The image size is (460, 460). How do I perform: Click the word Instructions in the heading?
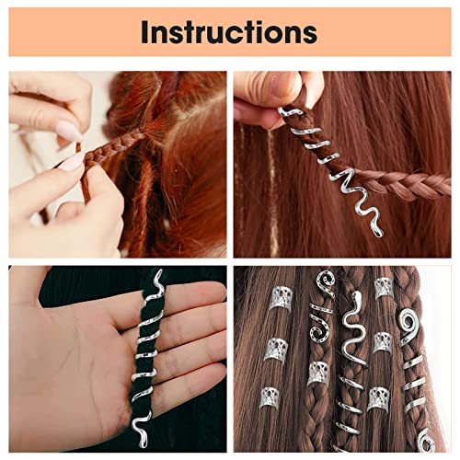[x=229, y=32]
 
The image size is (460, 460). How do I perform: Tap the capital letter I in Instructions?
[x=144, y=32]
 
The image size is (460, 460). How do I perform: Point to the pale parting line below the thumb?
[x=272, y=190]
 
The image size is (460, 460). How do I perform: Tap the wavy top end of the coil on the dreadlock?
[x=158, y=278]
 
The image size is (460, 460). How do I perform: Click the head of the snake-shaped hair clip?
[x=357, y=297]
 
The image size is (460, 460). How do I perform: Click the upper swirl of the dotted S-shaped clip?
[x=326, y=281]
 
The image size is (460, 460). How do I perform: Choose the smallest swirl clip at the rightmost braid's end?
[x=426, y=441]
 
